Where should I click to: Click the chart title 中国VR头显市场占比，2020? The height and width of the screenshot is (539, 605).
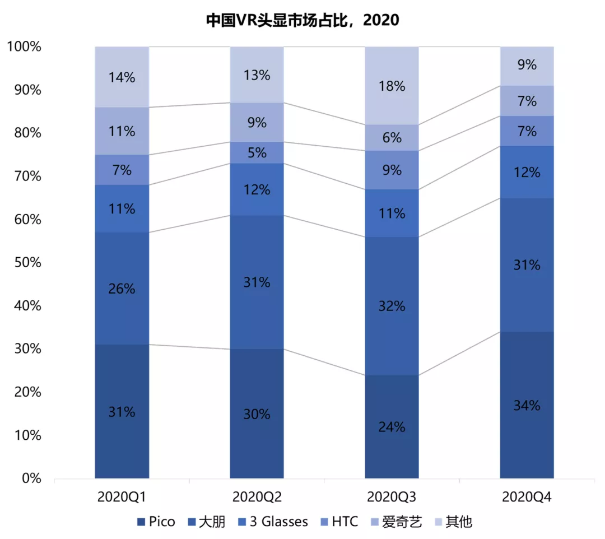click(302, 20)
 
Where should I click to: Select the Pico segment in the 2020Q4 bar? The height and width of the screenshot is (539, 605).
click(527, 405)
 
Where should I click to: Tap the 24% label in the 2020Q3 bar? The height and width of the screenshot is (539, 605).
click(392, 427)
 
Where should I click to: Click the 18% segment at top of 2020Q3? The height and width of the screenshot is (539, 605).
click(392, 86)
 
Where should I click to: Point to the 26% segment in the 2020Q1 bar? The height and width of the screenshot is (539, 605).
click(122, 289)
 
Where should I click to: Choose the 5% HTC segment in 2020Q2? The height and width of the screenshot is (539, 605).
click(257, 152)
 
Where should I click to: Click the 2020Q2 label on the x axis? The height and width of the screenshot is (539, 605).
click(257, 496)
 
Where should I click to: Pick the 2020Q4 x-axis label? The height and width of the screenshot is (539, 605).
click(527, 496)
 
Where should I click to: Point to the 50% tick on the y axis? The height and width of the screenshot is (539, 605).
click(25, 263)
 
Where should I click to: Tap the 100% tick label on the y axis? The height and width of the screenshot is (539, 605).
click(24, 47)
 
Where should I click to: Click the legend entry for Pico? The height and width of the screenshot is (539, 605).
click(156, 522)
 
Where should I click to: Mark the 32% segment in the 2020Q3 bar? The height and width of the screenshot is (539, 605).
click(392, 306)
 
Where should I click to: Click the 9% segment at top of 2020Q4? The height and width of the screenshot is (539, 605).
click(527, 65)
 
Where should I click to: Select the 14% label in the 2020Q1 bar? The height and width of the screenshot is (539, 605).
click(122, 77)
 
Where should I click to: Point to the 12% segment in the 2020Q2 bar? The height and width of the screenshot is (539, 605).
click(257, 189)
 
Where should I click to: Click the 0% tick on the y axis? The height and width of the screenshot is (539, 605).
click(29, 479)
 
